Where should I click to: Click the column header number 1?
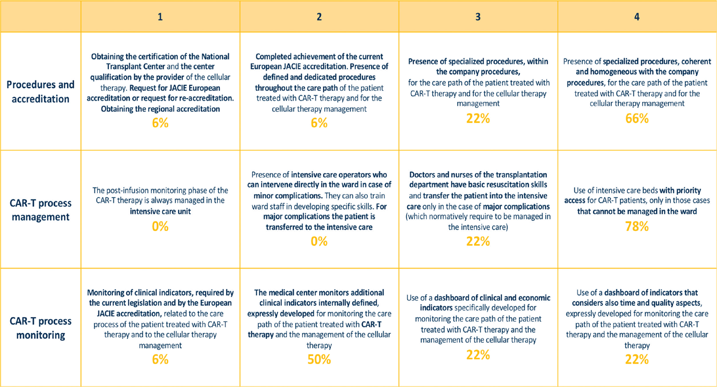tap(160, 17)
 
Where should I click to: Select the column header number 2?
tap(319, 17)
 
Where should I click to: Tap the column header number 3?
tap(478, 17)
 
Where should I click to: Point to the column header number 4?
tap(637, 17)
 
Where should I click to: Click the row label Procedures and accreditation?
tap(41, 91)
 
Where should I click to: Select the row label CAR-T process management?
tap(41, 210)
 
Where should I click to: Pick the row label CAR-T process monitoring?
tap(41, 328)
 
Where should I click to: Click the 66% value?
tap(637, 119)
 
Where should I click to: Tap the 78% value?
tap(637, 227)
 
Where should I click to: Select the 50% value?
tap(319, 359)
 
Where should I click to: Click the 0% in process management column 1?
tap(160, 227)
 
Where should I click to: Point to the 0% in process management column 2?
tap(319, 241)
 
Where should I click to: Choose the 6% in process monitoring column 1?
tap(160, 359)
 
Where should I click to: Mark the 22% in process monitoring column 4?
tap(637, 359)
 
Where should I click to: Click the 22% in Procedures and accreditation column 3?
tap(478, 119)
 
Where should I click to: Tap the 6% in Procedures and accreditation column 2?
tap(319, 123)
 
